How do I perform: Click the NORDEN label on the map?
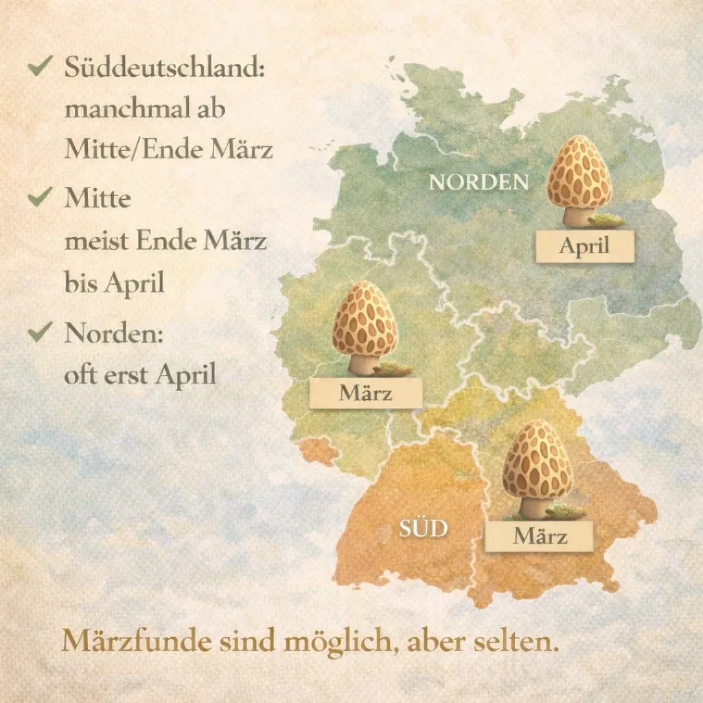click(x=479, y=183)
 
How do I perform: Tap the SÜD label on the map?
click(x=424, y=529)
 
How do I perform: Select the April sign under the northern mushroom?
click(x=584, y=246)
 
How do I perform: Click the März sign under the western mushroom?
click(x=365, y=393)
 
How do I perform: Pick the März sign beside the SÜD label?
click(x=540, y=536)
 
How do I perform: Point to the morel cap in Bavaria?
click(x=537, y=459)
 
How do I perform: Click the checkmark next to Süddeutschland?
click(x=41, y=67)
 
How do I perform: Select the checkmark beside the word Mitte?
click(x=41, y=197)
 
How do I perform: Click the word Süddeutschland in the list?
click(x=165, y=69)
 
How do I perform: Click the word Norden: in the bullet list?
click(x=114, y=334)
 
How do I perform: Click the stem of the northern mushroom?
click(x=576, y=216)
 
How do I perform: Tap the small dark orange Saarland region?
click(x=318, y=450)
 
